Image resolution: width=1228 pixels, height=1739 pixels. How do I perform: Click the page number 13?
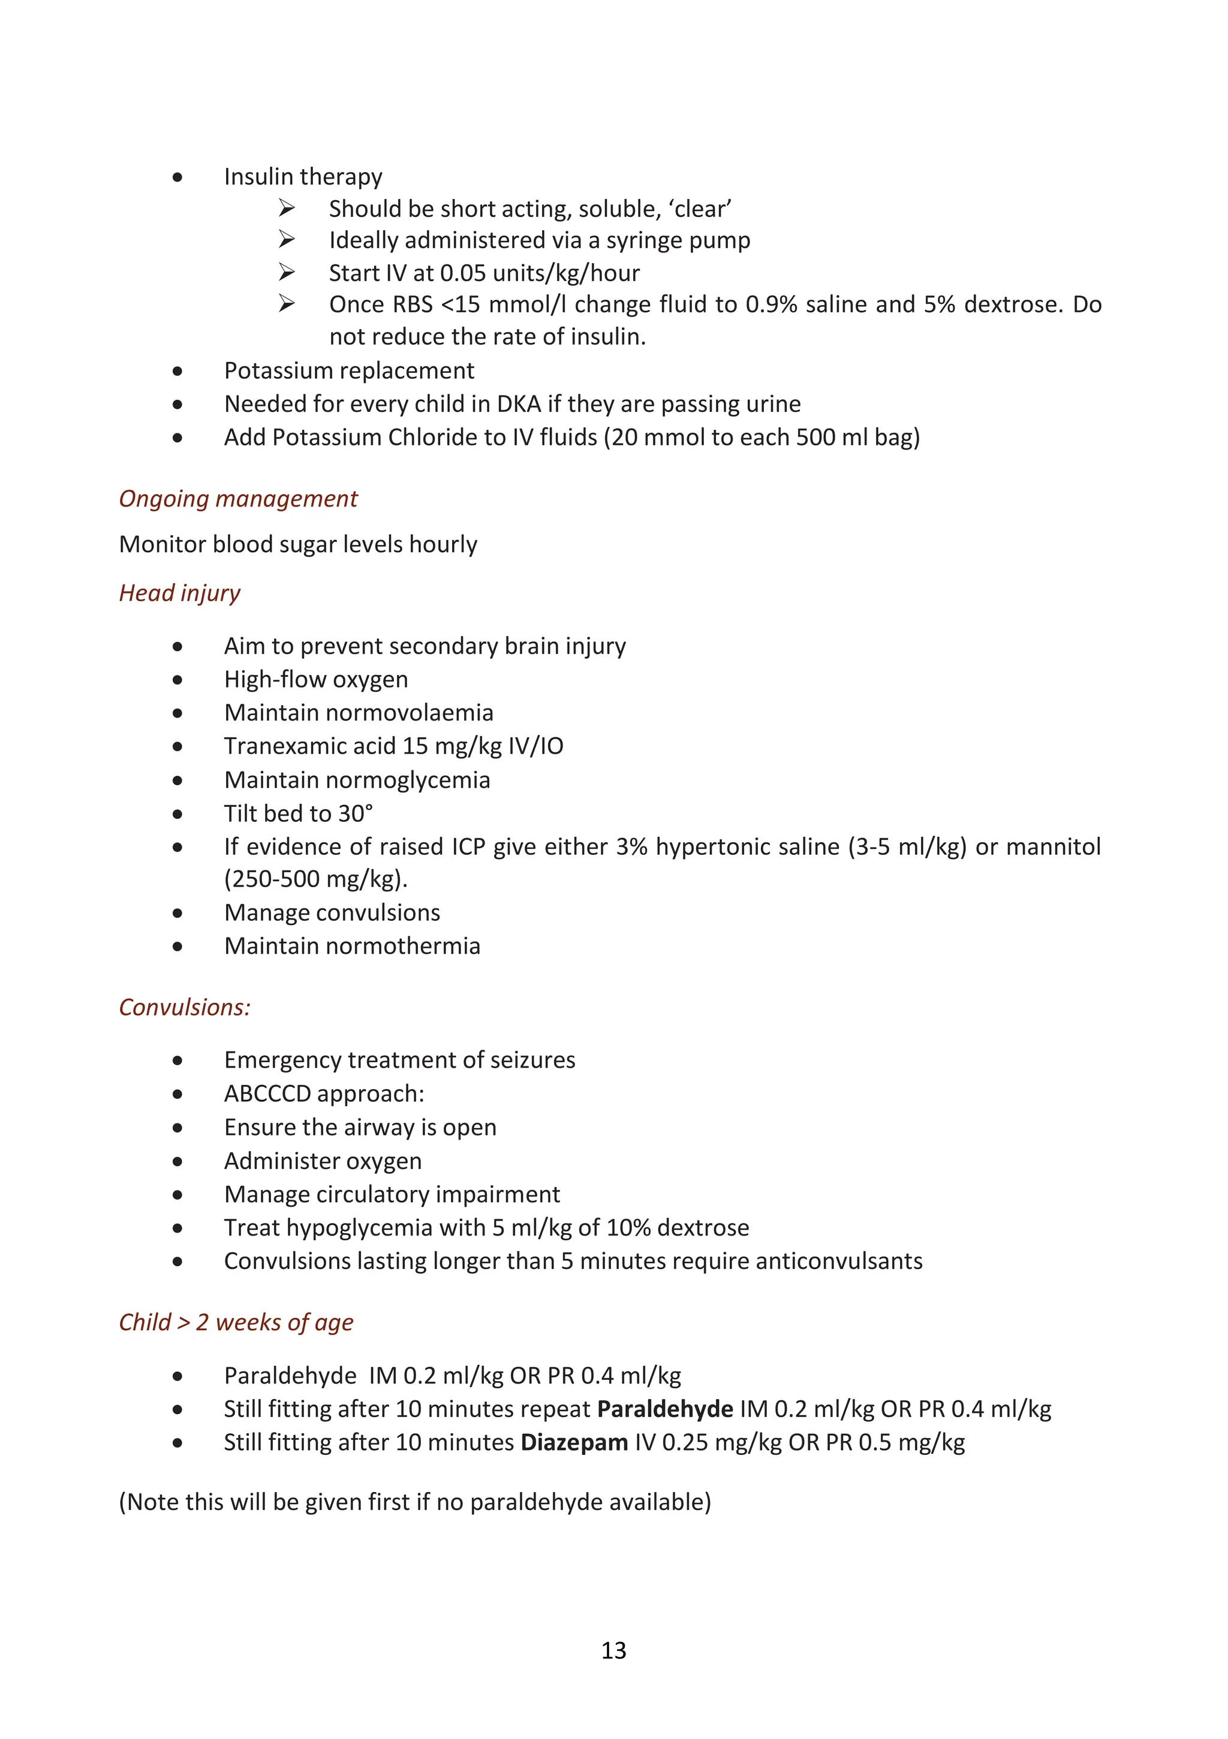pyautogui.click(x=613, y=1650)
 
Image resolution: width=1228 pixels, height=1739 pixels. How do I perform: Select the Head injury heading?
pyautogui.click(x=179, y=593)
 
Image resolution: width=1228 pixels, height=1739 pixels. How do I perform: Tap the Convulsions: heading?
pyautogui.click(x=185, y=1006)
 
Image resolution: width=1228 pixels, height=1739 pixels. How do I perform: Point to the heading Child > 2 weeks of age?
pyautogui.click(x=236, y=1322)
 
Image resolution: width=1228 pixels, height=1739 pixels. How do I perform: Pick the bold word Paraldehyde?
pyautogui.click(x=664, y=1409)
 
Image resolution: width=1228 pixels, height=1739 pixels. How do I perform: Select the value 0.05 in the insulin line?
pyautogui.click(x=463, y=273)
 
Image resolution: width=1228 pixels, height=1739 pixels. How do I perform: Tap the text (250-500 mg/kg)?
pyautogui.click(x=315, y=879)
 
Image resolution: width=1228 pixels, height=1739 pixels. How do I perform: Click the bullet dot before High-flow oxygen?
pyautogui.click(x=177, y=679)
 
